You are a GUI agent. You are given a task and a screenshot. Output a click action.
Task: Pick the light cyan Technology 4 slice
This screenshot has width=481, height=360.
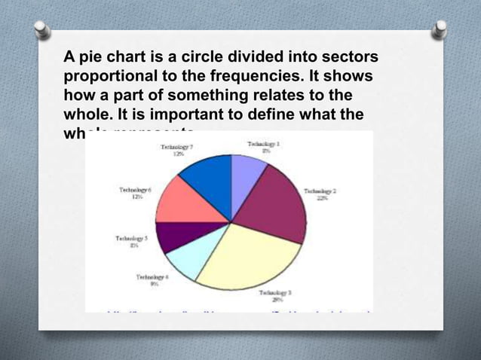[185, 261]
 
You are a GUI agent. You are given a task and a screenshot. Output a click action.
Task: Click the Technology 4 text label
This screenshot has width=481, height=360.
[152, 281]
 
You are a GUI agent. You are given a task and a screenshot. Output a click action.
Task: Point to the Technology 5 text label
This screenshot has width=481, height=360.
[131, 240]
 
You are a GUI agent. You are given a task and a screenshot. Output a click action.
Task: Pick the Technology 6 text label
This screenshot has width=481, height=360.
[136, 194]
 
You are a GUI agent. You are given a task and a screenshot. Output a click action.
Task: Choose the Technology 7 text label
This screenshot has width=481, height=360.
[178, 150]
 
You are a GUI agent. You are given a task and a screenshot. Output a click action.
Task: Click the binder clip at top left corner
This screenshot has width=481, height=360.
[42, 29]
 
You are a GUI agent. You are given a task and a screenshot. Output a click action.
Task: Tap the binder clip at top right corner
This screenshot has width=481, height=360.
[438, 29]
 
